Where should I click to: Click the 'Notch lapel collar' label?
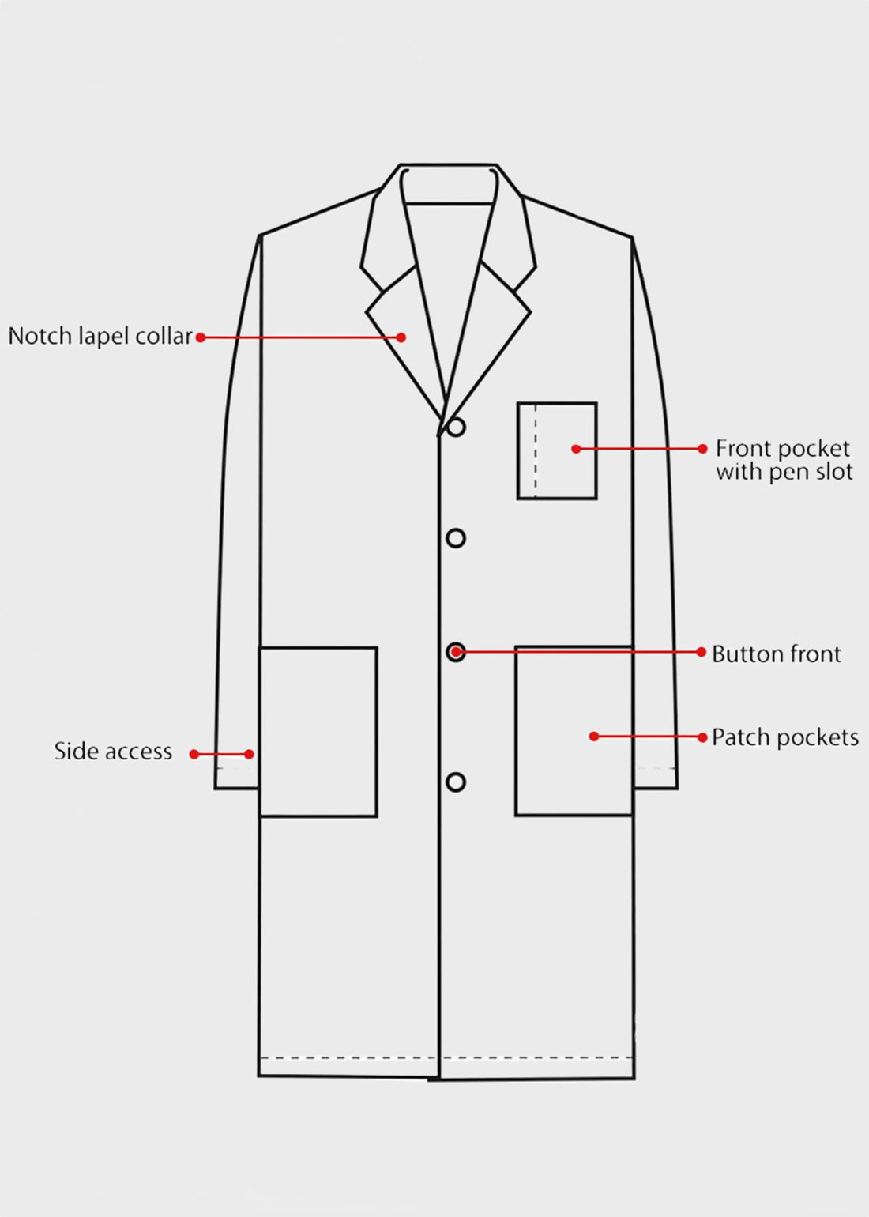(100, 337)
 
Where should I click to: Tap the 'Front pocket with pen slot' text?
(784, 460)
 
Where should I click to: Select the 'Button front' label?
(776, 654)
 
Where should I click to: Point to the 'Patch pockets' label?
(784, 737)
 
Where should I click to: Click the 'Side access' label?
(113, 752)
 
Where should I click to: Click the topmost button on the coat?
(456, 428)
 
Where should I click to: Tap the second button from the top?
(456, 538)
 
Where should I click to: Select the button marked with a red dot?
(456, 652)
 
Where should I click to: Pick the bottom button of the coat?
(456, 782)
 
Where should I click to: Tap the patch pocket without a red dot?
(318, 732)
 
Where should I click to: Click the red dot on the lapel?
(401, 337)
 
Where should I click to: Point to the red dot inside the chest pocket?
(576, 449)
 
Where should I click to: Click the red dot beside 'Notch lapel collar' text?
(201, 337)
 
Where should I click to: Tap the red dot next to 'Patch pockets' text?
(702, 737)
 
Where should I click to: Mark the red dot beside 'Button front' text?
(702, 652)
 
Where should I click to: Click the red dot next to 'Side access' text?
(194, 754)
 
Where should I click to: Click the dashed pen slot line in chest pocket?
(536, 451)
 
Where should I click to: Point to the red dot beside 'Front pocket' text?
(702, 449)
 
